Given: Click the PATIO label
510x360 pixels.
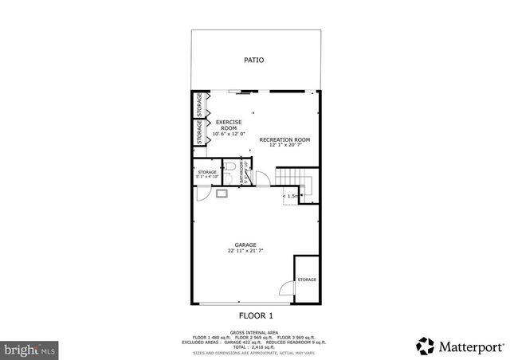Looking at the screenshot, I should (254, 60).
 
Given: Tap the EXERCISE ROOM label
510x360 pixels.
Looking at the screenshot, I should (229, 124).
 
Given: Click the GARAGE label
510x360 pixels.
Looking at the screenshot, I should (245, 245).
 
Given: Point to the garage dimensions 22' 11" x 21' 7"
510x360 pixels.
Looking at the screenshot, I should (245, 251).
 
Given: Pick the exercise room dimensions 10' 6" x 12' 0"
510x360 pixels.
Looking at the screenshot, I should (229, 134).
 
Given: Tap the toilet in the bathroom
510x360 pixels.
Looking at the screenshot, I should (229, 167).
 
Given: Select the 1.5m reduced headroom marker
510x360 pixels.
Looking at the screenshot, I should (292, 195).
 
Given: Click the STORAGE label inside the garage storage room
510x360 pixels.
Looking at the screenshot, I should (307, 280).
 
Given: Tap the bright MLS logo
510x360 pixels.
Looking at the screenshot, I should (29, 349).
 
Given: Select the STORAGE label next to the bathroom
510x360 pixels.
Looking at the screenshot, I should (207, 172).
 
